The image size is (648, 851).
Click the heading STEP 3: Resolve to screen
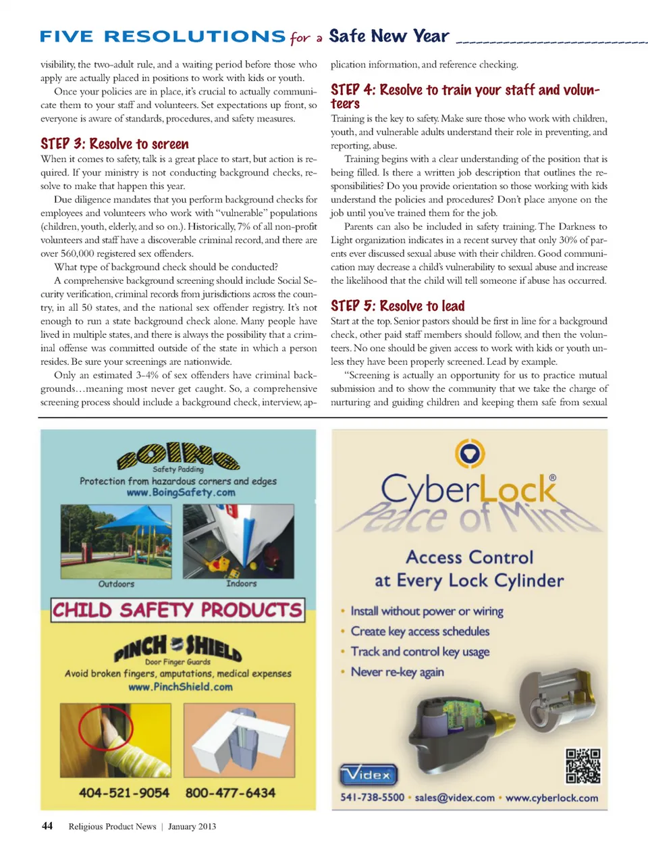pyautogui.click(x=115, y=144)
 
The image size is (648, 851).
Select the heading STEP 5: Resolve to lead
pyautogui.click(x=398, y=306)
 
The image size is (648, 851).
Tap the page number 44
pyautogui.click(x=47, y=826)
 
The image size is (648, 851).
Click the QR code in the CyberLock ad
pyautogui.click(x=583, y=766)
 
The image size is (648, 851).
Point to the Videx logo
pyautogui.click(x=368, y=775)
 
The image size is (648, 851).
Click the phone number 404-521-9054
pyautogui.click(x=124, y=793)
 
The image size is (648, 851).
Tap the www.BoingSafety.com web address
pyautogui.click(x=181, y=493)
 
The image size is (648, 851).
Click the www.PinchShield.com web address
pyautogui.click(x=180, y=687)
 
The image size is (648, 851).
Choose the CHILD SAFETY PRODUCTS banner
pyautogui.click(x=178, y=610)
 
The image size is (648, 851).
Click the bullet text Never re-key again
pyautogui.click(x=397, y=672)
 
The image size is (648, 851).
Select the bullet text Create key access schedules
pyautogui.click(x=420, y=631)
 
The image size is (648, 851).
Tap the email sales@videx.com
pyautogui.click(x=454, y=798)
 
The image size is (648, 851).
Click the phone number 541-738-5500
pyautogui.click(x=372, y=798)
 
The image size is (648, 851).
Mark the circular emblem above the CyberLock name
pyautogui.click(x=470, y=453)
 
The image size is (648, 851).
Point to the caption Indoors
pyautogui.click(x=241, y=584)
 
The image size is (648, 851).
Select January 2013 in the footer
pyautogui.click(x=192, y=827)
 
